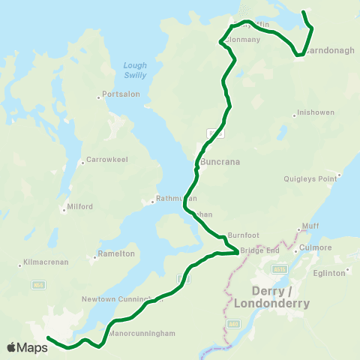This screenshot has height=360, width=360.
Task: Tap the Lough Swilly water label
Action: [x=135, y=70]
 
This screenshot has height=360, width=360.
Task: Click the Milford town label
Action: [x=79, y=206]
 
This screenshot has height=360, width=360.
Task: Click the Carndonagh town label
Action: [x=325, y=53]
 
